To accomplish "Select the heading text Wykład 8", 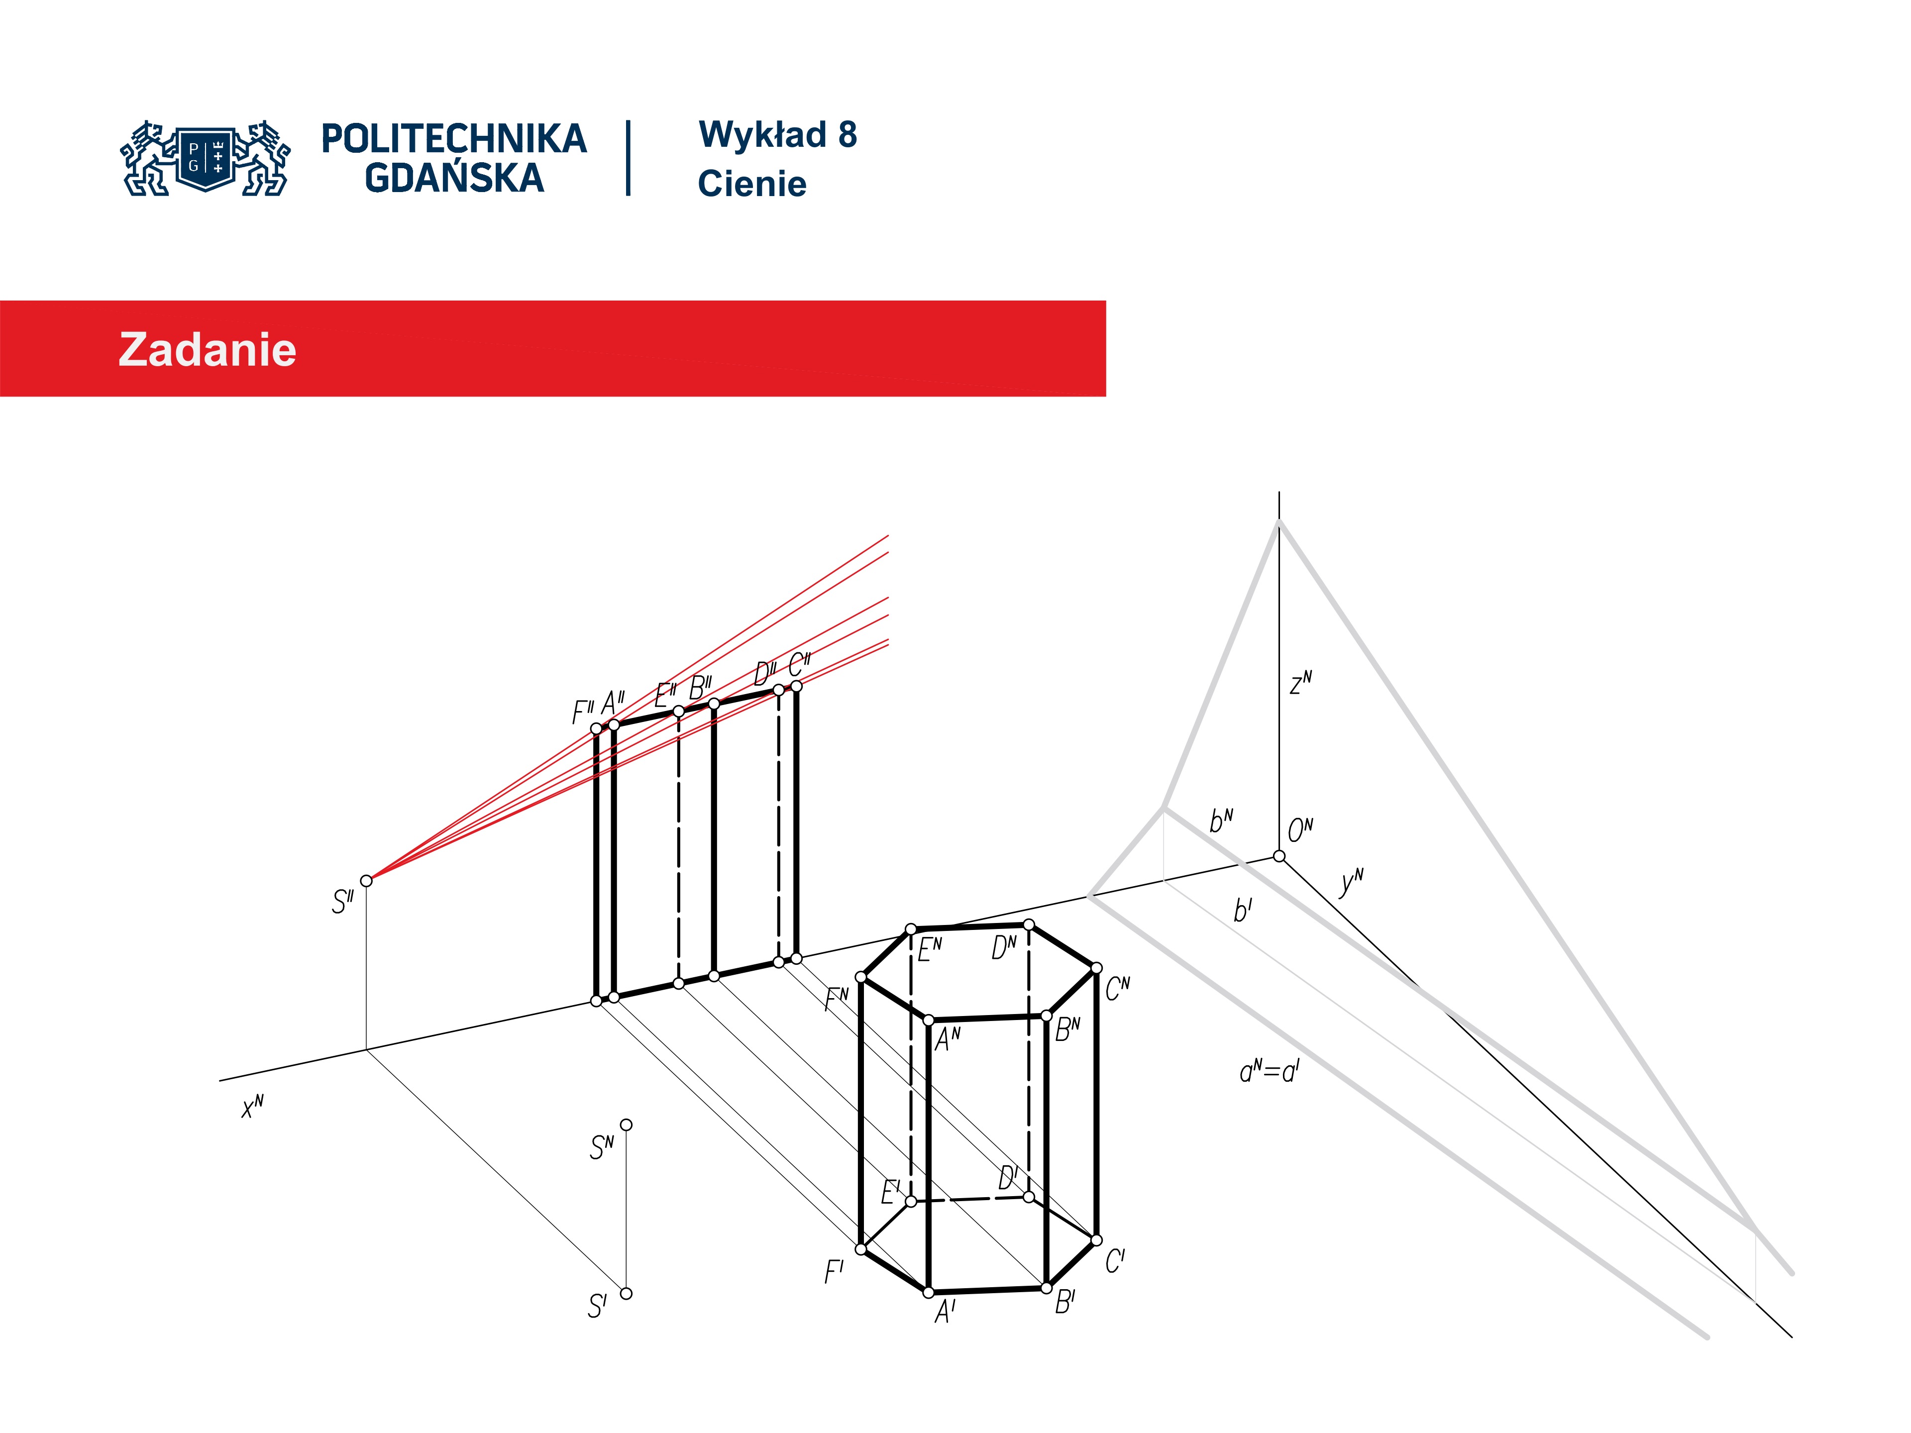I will [x=777, y=135].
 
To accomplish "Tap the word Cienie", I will [x=751, y=184].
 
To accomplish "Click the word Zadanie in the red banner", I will [x=208, y=350].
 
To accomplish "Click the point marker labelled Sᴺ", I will [x=627, y=1125].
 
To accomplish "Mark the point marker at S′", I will [x=627, y=1293].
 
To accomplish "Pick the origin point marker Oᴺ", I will [x=1278, y=856].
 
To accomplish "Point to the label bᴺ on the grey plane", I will [x=1221, y=820].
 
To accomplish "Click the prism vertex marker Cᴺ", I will [x=1096, y=968].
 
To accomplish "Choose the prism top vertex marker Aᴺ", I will [x=929, y=1020].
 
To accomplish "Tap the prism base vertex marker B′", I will [x=1046, y=1288].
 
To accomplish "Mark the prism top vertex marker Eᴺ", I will [x=911, y=929].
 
